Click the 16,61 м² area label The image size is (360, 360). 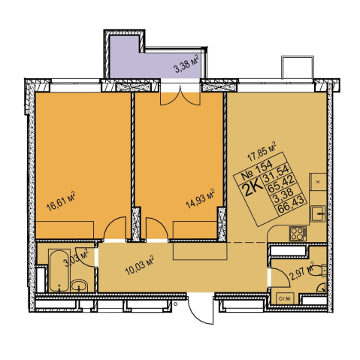tap(61, 201)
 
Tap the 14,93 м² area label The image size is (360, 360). tap(200, 198)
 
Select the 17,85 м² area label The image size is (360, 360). tap(262, 152)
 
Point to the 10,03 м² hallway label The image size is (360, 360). tap(140, 265)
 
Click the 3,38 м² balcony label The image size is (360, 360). tap(186, 64)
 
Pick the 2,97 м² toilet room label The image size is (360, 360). tap(302, 272)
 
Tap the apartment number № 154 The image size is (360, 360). tap(256, 171)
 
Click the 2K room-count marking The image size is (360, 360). tap(253, 189)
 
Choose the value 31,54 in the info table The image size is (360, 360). tap(276, 174)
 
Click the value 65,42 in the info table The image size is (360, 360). tap(280, 184)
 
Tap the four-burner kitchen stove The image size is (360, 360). tap(298, 234)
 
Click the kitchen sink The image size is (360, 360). tap(318, 213)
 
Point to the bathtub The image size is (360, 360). tap(59, 271)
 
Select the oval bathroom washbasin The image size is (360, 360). tap(79, 286)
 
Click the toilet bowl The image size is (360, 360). tap(317, 271)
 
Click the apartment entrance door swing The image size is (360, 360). tap(201, 309)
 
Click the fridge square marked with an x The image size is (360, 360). tap(318, 182)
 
